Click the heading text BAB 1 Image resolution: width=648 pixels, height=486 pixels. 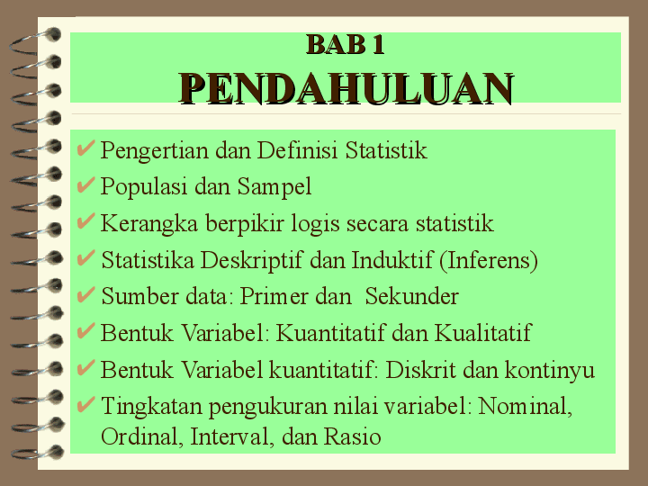tap(346, 45)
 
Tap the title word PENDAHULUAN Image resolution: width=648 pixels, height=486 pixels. tap(346, 88)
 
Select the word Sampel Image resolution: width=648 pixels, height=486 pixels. tap(274, 187)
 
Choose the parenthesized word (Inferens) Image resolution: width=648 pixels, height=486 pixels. tap(489, 261)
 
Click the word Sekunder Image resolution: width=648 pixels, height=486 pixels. tap(411, 296)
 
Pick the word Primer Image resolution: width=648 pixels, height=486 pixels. tap(274, 296)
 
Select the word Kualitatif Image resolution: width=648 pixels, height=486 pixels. tap(482, 333)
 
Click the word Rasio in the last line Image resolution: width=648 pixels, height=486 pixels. tap(352, 436)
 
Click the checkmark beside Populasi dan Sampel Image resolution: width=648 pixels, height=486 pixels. tap(86, 185)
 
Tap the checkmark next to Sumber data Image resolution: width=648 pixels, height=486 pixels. tap(86, 295)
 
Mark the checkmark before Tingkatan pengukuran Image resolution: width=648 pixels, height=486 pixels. tap(86, 405)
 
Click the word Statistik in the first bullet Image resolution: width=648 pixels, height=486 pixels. tap(386, 150)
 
